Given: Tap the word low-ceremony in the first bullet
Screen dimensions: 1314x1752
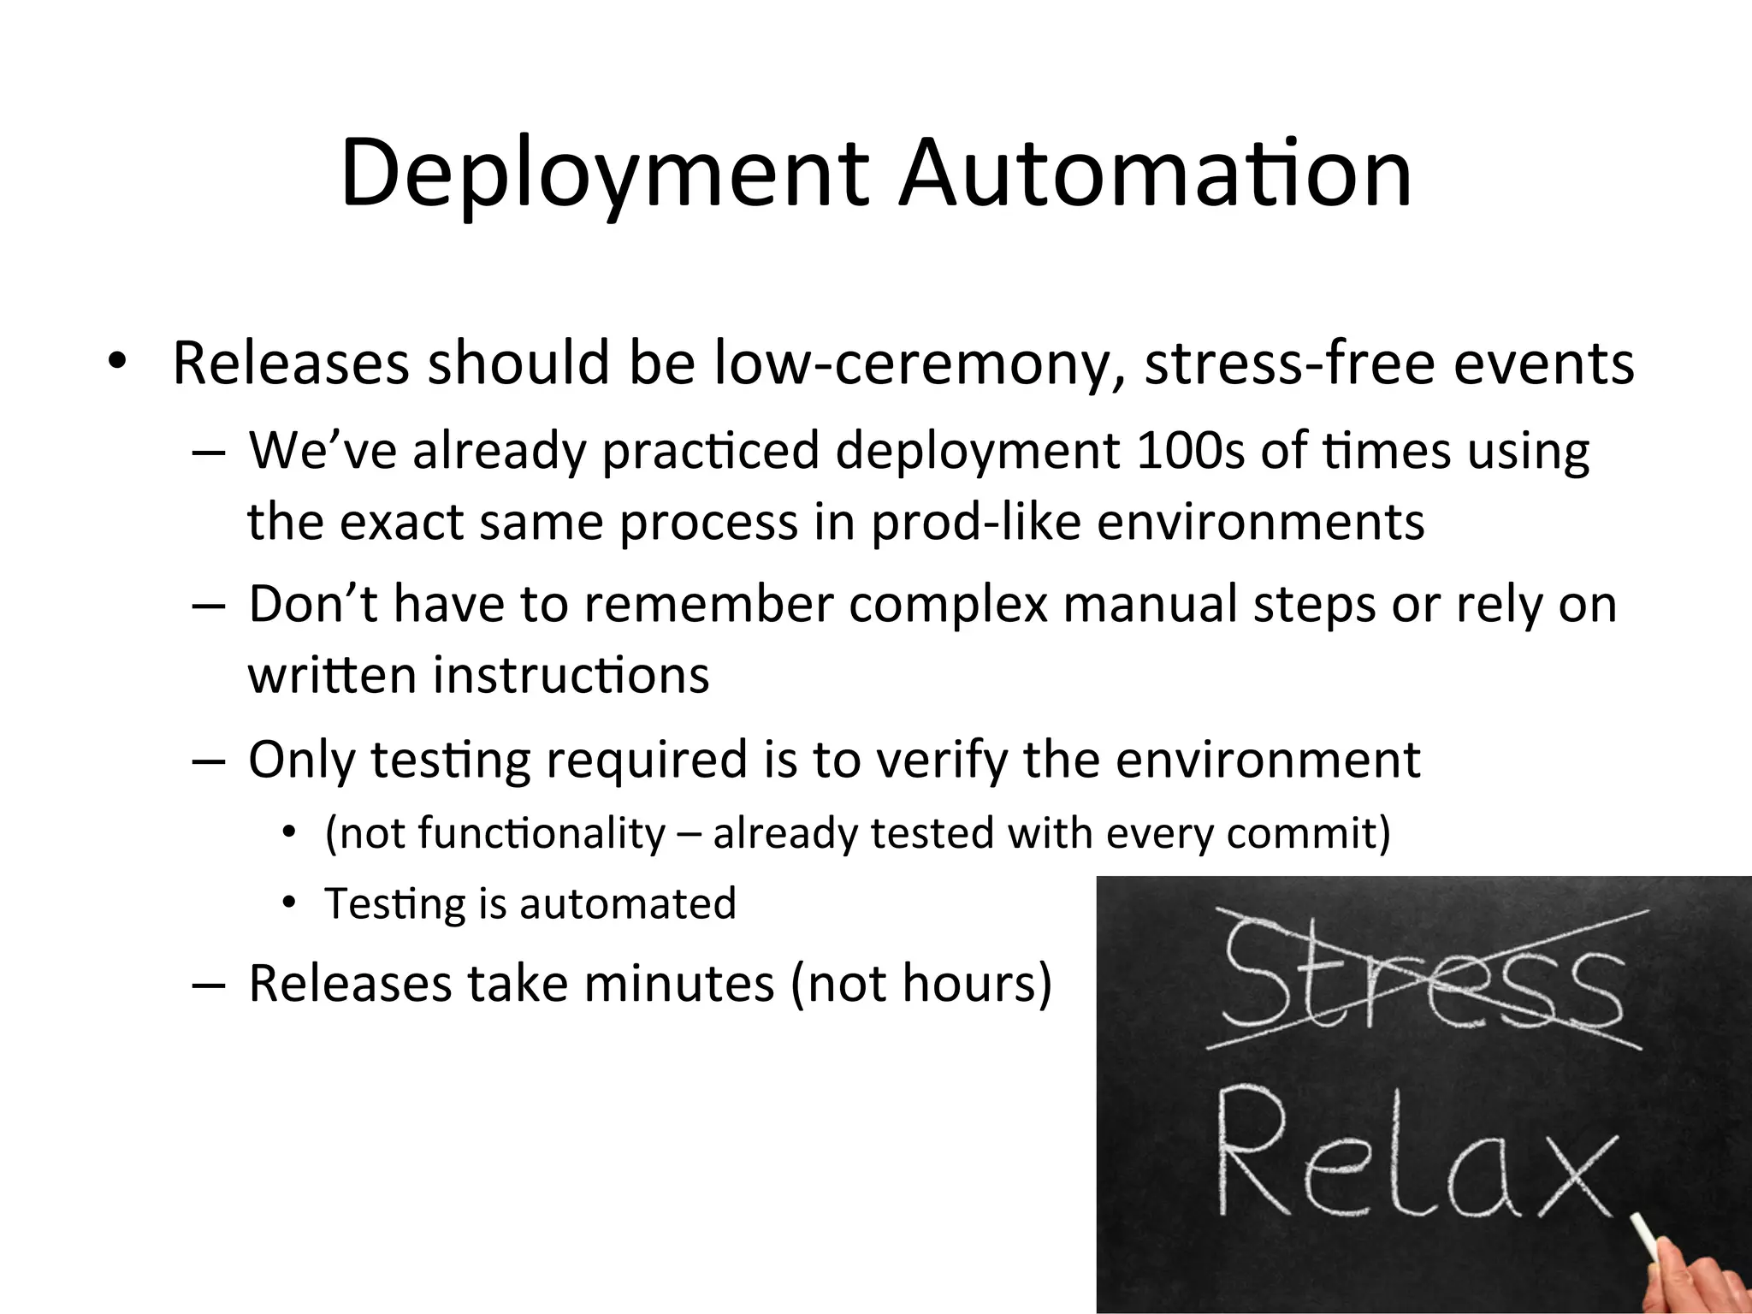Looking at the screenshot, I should pyautogui.click(x=920, y=364).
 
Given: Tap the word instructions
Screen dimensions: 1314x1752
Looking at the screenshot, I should pyautogui.click(x=571, y=675).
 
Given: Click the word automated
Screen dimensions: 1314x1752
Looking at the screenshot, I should pyautogui.click(x=627, y=904).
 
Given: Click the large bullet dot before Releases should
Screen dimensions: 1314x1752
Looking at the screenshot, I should pyautogui.click(x=116, y=364).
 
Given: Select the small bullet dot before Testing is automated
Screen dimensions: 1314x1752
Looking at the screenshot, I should pyautogui.click(x=290, y=903).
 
